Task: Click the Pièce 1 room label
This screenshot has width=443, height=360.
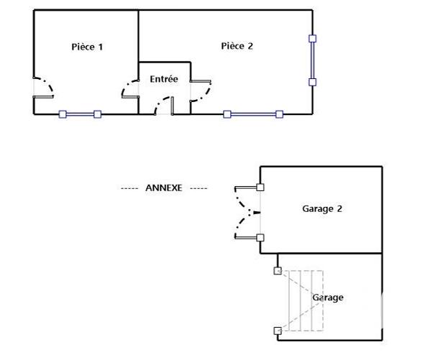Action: tap(88, 47)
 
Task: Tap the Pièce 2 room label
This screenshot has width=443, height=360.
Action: tap(237, 46)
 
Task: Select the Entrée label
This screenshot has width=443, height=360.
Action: tap(163, 79)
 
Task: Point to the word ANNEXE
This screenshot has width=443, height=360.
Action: tap(163, 188)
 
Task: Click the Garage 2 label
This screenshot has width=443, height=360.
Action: tap(321, 209)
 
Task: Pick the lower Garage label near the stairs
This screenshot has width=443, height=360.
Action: tap(327, 297)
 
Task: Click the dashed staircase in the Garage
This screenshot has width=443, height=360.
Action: tap(306, 300)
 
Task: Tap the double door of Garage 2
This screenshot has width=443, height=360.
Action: tap(245, 213)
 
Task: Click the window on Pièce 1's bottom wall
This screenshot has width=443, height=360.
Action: tap(80, 114)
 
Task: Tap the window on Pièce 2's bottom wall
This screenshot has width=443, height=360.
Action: tap(253, 114)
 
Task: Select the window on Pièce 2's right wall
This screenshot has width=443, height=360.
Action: tap(312, 60)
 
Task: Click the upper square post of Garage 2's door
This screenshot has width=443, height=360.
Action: tap(260, 188)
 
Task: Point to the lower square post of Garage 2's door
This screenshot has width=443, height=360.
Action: tap(260, 237)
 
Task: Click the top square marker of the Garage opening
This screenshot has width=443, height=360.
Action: tap(278, 271)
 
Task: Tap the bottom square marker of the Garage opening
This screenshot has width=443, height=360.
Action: tap(278, 331)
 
